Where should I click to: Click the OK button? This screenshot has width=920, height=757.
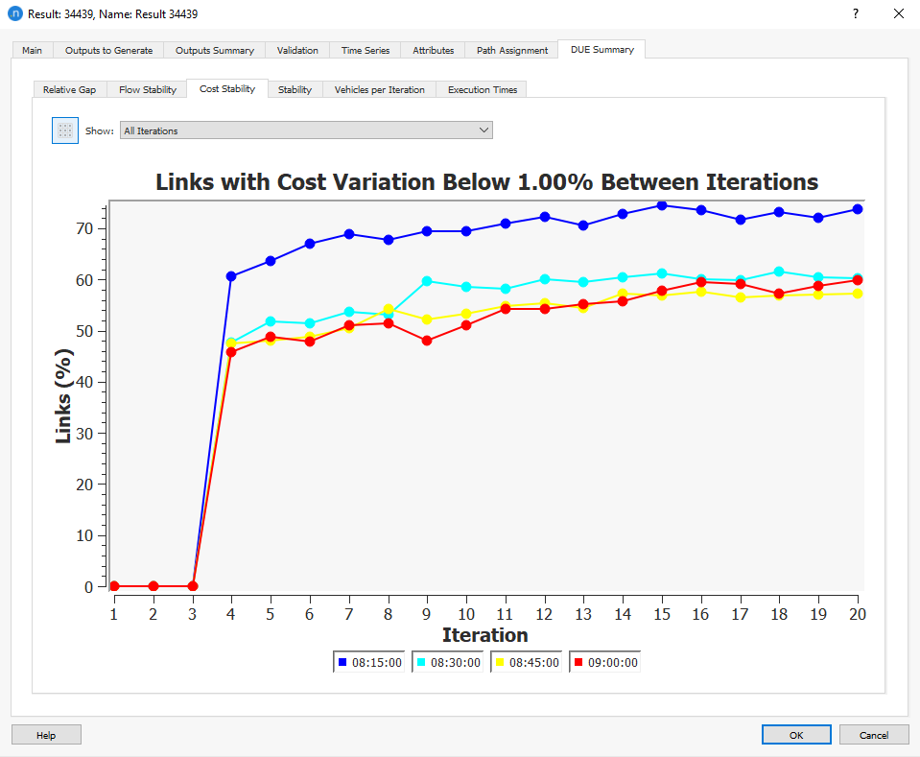[796, 735]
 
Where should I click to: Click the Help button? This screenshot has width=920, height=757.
[46, 735]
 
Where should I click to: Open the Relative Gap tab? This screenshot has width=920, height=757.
[69, 89]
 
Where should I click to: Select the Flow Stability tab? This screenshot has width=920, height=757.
[148, 89]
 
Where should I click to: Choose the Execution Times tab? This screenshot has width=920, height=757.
[482, 89]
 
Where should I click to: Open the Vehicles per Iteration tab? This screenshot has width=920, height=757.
[379, 89]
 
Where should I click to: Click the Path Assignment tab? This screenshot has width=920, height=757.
[512, 50]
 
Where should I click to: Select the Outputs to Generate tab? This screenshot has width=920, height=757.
[108, 50]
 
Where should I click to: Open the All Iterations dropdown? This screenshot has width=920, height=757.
[306, 130]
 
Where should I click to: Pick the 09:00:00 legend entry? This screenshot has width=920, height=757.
[604, 662]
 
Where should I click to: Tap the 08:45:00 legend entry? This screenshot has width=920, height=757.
[526, 662]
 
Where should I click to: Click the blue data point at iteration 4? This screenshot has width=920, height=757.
[231, 276]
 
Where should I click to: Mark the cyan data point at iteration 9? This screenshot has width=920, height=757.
[427, 281]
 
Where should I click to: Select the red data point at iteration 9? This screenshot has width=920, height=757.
[427, 341]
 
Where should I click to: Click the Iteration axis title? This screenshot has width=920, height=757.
[484, 635]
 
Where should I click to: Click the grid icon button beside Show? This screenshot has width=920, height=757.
[65, 130]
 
